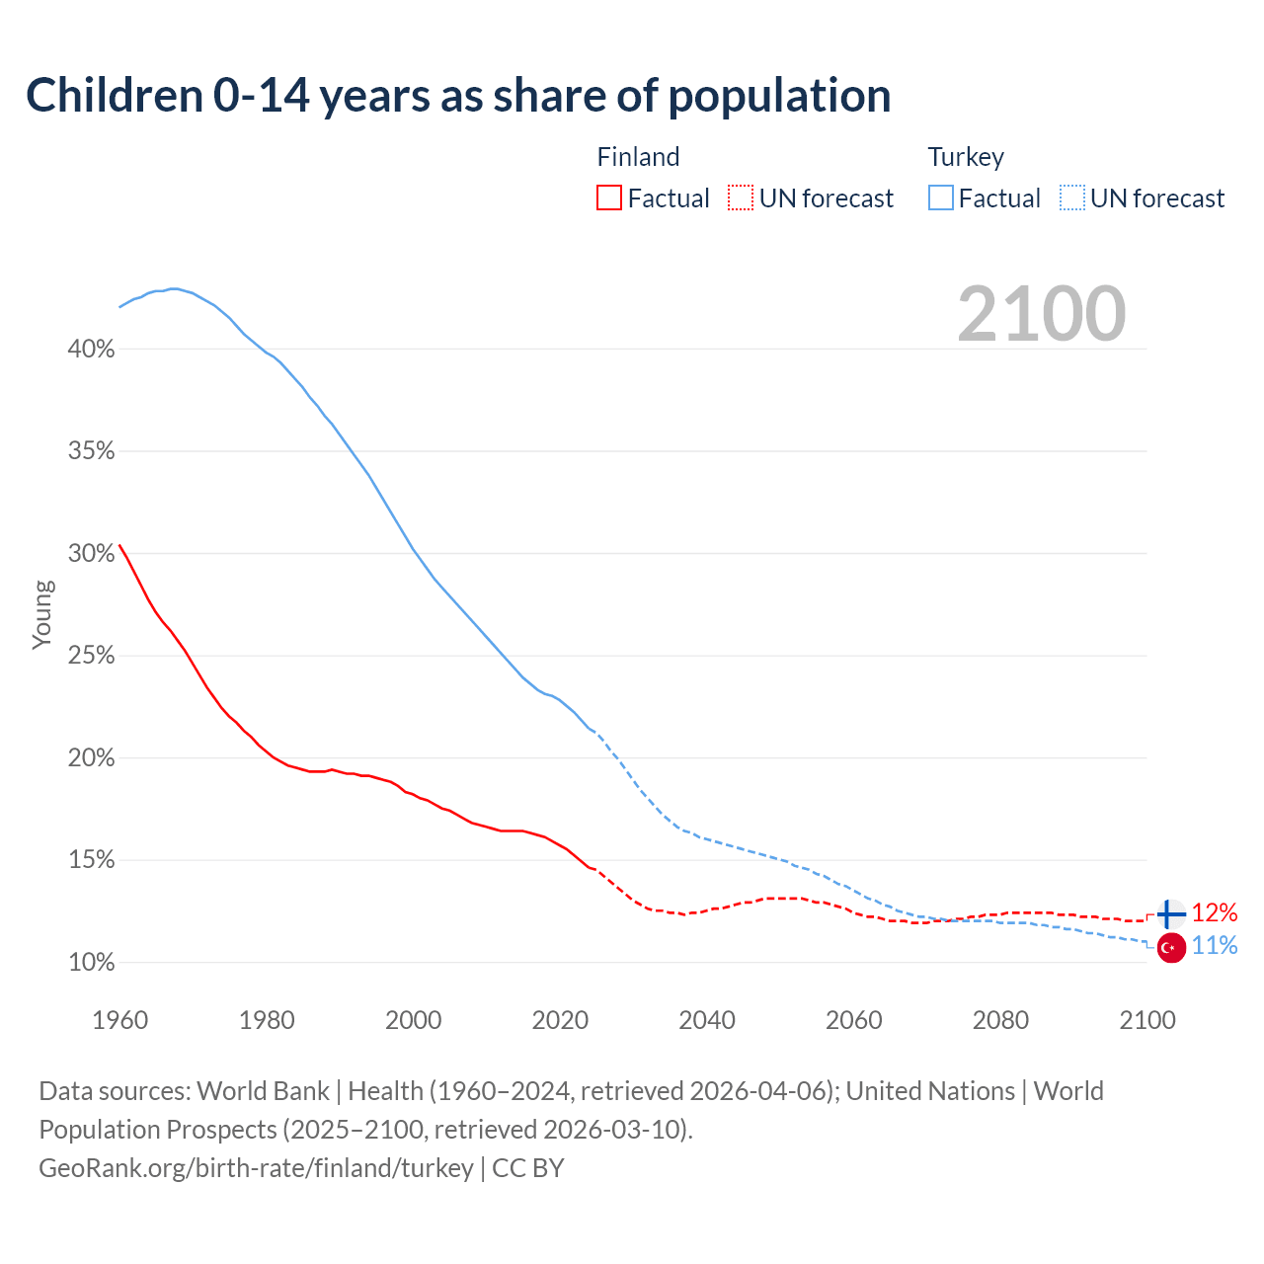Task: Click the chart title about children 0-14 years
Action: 458,96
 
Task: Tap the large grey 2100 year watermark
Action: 1041,314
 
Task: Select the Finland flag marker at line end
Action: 1170,914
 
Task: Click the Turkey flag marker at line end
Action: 1171,948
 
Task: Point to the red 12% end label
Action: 1214,912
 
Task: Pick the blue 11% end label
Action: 1214,946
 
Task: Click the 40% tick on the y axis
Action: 92,350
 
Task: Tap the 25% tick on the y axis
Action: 92,656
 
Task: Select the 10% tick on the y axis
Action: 92,963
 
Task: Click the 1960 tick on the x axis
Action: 119,1020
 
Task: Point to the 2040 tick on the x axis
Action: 707,1020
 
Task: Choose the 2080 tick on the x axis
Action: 1000,1020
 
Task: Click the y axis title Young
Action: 41,614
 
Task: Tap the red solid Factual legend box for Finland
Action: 609,198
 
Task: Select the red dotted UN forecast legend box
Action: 741,198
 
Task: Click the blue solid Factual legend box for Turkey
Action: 941,198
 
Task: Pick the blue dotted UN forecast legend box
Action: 1071,198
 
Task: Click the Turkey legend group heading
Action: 966,157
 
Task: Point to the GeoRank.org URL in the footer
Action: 256,1168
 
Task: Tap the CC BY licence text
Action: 528,1168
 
